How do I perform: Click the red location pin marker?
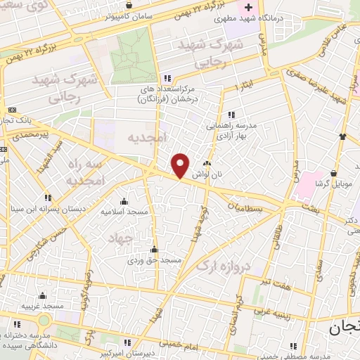pos(181,165)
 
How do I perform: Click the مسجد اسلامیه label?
pos(123,211)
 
